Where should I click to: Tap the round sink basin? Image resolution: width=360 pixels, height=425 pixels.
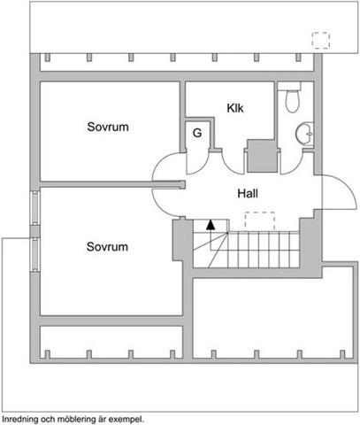tap(304, 134)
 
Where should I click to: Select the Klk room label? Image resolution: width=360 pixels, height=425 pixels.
tap(235, 108)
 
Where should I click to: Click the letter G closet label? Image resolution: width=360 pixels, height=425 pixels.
tap(197, 133)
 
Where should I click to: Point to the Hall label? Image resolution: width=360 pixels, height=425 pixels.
tap(248, 194)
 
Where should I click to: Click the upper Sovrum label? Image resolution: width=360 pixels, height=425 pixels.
tap(108, 127)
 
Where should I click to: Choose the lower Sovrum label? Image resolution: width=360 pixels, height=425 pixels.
tap(107, 247)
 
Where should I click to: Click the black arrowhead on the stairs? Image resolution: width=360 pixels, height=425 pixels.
tap(211, 224)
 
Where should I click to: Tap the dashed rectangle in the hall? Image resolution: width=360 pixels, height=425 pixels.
tap(260, 221)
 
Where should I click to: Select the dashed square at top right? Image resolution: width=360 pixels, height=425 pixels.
tap(321, 41)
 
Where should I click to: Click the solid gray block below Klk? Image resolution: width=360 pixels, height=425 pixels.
tap(262, 156)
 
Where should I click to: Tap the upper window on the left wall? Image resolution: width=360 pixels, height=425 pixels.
tap(35, 208)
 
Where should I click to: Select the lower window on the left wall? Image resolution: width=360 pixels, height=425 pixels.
tap(35, 255)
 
